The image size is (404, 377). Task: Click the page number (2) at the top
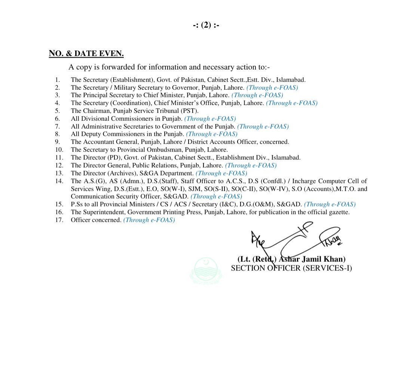(x=206, y=25)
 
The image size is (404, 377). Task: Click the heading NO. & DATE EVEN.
(x=86, y=53)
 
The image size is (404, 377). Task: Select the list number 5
(x=57, y=111)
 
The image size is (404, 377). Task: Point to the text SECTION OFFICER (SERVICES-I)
(x=291, y=268)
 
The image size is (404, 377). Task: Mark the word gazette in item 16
(x=339, y=212)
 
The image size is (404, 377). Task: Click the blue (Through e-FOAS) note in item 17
(x=149, y=220)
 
